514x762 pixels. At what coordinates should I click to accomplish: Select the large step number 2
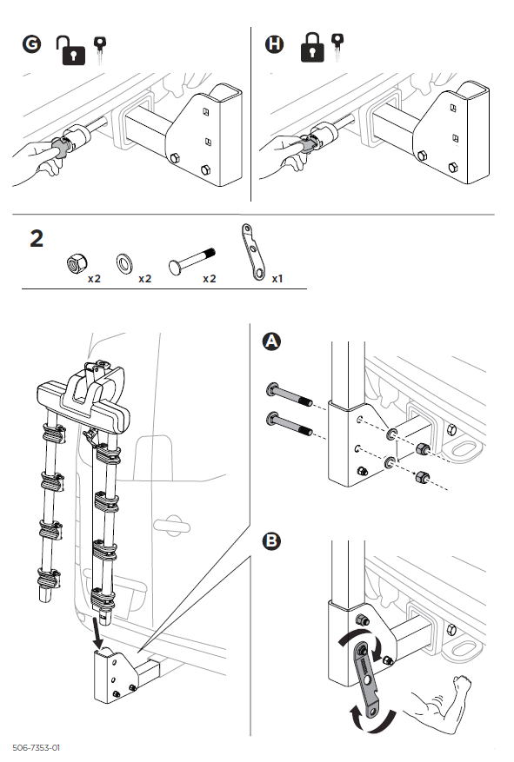click(37, 239)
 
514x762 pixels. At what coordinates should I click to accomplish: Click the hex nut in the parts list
click(74, 262)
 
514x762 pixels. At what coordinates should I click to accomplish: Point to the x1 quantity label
click(278, 279)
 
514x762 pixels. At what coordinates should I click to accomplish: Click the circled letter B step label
click(271, 540)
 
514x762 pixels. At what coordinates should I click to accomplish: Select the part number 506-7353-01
click(36, 747)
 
